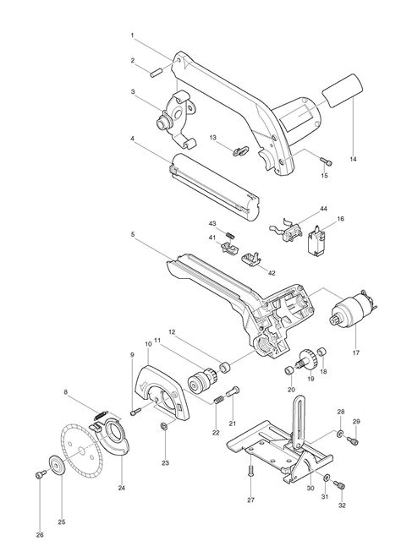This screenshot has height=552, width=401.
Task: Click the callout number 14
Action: [x=353, y=159]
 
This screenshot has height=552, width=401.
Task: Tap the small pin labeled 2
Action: [x=156, y=72]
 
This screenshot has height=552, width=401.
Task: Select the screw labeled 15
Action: [x=327, y=161]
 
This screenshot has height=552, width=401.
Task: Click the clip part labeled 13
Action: [x=240, y=150]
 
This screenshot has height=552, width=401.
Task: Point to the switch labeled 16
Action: [x=316, y=242]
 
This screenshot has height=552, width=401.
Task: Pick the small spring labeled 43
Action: [x=230, y=235]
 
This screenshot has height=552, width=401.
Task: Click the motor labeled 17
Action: [x=353, y=310]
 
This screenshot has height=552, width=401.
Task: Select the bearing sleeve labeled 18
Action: [x=321, y=352]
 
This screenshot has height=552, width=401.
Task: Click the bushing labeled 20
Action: [x=289, y=371]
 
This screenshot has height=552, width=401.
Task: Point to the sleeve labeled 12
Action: [x=224, y=369]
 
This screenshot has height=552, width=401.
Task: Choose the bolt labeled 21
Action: [x=233, y=392]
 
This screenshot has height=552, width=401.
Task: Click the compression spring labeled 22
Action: [x=218, y=400]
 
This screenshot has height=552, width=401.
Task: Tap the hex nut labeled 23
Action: [x=163, y=426]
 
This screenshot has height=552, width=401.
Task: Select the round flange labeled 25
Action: [x=56, y=466]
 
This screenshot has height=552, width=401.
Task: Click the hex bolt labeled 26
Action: [x=41, y=475]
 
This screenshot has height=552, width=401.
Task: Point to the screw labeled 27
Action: [x=250, y=471]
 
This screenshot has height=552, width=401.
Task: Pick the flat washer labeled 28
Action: [x=340, y=434]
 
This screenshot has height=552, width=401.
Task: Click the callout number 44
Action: [x=323, y=209]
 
